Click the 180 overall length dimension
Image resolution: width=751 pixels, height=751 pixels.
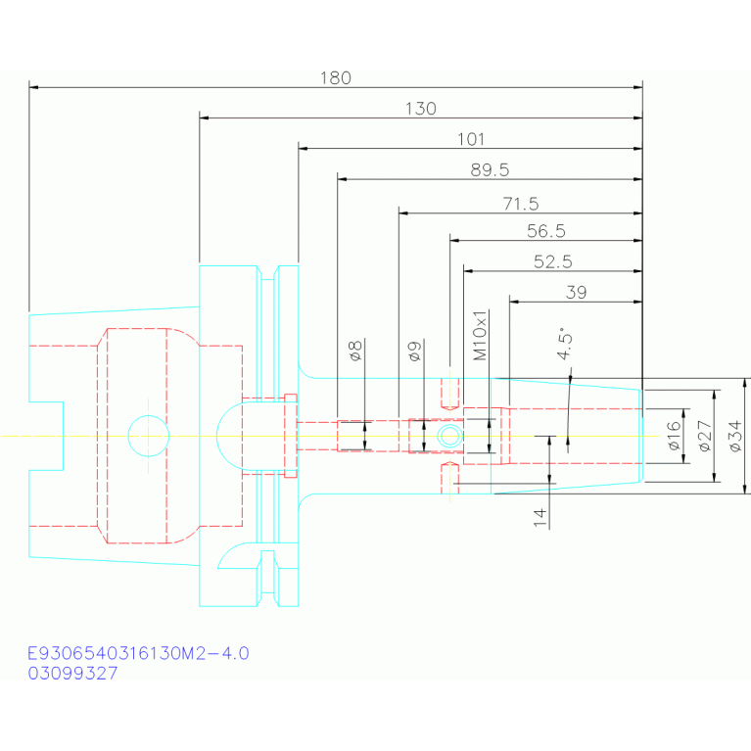pos(335,78)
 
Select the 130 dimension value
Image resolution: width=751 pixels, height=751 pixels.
pos(420,109)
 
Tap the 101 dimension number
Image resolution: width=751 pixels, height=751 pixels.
pos(471,139)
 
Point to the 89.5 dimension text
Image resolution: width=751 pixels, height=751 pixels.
pos(490,170)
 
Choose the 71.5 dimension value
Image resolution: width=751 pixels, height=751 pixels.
pos(521,204)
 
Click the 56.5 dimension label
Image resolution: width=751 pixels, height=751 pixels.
pos(546,231)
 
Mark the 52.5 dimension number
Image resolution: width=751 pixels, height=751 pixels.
pos(552,262)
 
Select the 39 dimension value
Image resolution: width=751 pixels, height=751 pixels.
pos(576,292)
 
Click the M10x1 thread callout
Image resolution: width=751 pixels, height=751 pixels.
pos(480,335)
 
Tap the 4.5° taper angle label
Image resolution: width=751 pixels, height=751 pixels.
pos(564,344)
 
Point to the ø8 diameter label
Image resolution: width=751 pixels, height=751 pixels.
pos(354,351)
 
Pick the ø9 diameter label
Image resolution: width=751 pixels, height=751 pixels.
pos(414,351)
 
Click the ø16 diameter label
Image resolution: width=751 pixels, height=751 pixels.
pos(674,436)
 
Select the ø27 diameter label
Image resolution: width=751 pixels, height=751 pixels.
pos(705,436)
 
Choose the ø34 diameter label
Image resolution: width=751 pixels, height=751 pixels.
pos(735,436)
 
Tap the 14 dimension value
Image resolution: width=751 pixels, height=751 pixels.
pos(540,518)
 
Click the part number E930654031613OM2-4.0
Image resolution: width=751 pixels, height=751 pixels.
pos(138,653)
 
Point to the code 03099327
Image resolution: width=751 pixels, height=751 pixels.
pos(72,674)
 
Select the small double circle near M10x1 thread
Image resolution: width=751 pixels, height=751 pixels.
pos(449,436)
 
